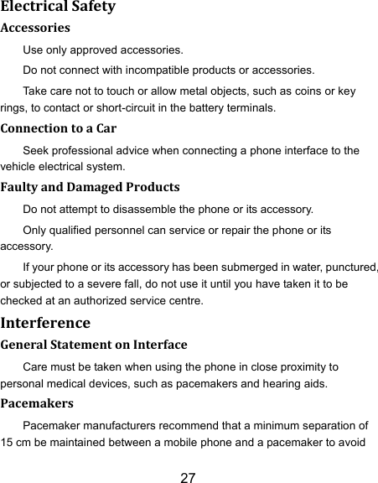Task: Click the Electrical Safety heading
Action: pyautogui.click(x=57, y=8)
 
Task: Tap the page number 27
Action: pyautogui.click(x=189, y=479)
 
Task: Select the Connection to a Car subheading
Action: pyautogui.click(x=58, y=129)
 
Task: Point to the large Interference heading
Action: pyautogui.click(x=46, y=322)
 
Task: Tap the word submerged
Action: pyautogui.click(x=251, y=268)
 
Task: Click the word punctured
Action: pyautogui.click(x=346, y=268)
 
